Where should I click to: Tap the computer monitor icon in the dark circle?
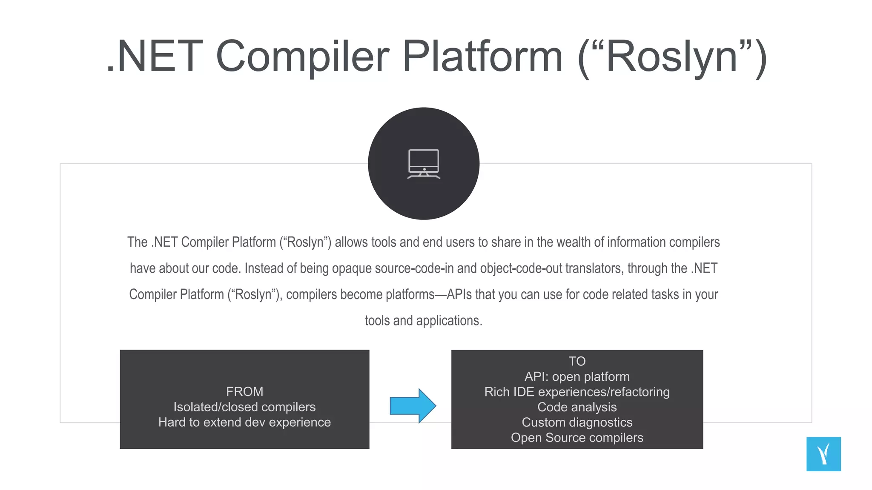[x=424, y=164]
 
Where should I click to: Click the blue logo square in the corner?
[x=823, y=454]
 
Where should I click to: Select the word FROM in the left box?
[x=244, y=391]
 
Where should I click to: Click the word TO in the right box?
[x=577, y=361]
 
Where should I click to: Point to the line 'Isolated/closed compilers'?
[x=244, y=407]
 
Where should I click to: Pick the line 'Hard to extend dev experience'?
[x=244, y=422]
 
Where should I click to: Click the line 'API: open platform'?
[x=577, y=376]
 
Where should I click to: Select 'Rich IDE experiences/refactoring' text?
[x=577, y=392]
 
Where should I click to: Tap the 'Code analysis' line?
[x=577, y=407]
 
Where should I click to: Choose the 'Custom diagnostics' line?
[x=577, y=422]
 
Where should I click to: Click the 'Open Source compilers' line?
[x=577, y=438]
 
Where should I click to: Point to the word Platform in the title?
[x=482, y=57]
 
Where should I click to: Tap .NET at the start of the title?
[x=155, y=57]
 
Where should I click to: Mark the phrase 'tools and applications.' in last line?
[x=424, y=320]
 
